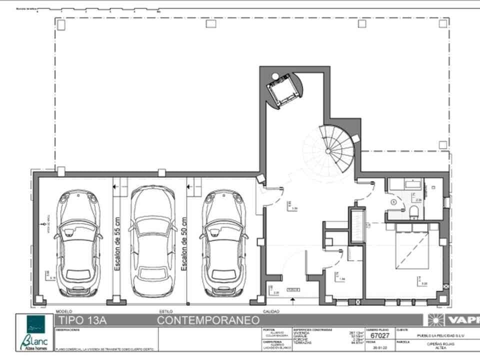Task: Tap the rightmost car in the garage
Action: pyautogui.click(x=224, y=242)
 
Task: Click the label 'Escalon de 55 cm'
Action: pyautogui.click(x=117, y=244)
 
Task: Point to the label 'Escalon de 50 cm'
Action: pyautogui.click(x=184, y=244)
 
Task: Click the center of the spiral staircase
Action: pyautogui.click(x=328, y=149)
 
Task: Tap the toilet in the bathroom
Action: pyautogui.click(x=414, y=212)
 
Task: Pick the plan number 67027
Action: pyautogui.click(x=380, y=336)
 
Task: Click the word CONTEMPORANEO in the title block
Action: pyautogui.click(x=208, y=320)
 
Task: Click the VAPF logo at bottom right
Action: pyautogui.click(x=452, y=320)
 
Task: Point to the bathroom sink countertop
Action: pyautogui.click(x=406, y=184)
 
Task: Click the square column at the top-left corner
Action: pyautogui.click(x=61, y=24)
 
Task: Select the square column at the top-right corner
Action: pyautogui.click(x=443, y=23)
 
